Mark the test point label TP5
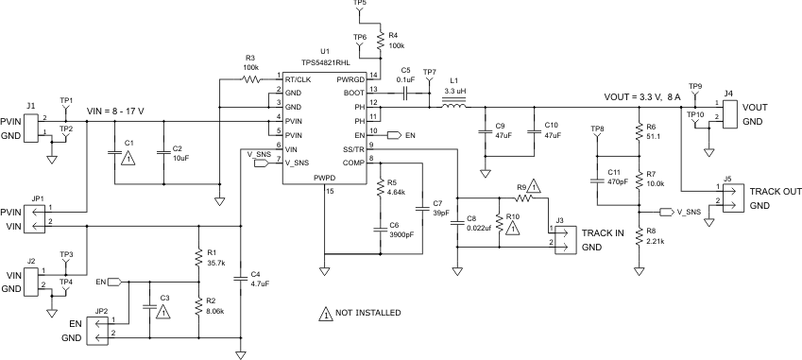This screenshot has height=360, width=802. tap(359, 5)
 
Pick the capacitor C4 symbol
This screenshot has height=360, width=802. tap(241, 277)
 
